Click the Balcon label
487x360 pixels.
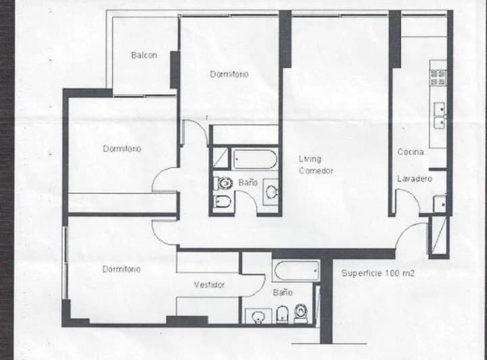pos(144,55)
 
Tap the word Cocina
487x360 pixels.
pos(411,152)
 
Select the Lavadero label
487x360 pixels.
pos(415,179)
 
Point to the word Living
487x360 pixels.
pos(310,159)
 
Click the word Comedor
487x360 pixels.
pos(316,171)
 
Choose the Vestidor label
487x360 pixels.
pos(209,285)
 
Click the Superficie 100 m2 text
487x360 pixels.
pos(378,273)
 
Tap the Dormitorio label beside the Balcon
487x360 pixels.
pos(229,74)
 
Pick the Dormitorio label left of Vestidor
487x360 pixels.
pos(122,269)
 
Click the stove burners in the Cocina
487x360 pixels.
pos(438,78)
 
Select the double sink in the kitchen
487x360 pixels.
pos(440,115)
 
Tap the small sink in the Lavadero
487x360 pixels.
pos(440,204)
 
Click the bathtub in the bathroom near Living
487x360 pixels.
pos(255,159)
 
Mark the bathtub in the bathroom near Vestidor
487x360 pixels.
pos(297,271)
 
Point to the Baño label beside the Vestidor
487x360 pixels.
pos(283,292)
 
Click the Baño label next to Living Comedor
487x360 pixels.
pos(248,183)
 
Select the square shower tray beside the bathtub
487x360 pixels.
pos(221,158)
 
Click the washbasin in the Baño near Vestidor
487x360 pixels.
pos(258,317)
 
